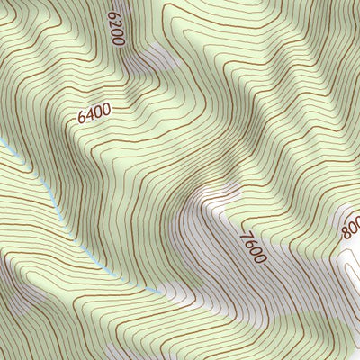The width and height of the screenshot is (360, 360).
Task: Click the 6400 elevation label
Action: click(x=94, y=112)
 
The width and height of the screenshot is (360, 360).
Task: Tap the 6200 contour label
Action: click(x=114, y=29)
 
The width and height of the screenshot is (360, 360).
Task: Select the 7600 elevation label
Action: click(x=253, y=247)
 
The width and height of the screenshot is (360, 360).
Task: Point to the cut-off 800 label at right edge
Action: click(x=351, y=229)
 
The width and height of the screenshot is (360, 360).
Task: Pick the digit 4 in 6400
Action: click(x=90, y=113)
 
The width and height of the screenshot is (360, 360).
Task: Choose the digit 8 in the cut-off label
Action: click(x=346, y=234)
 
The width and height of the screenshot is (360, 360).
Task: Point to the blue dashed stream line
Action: click(x=54, y=202)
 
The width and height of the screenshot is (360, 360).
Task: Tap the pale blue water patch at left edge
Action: click(x=4, y=144)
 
